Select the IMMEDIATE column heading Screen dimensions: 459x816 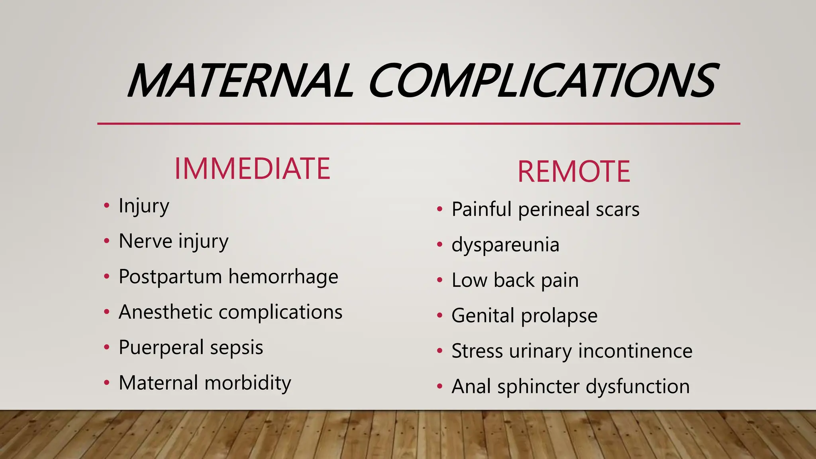click(252, 169)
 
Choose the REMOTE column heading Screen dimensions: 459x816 click(574, 172)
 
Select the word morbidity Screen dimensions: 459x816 click(247, 383)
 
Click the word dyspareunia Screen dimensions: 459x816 click(505, 245)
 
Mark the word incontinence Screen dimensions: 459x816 click(635, 351)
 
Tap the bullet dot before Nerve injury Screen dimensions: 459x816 click(106, 241)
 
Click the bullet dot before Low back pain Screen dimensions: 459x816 click(439, 280)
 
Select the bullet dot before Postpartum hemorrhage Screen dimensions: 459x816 click(106, 276)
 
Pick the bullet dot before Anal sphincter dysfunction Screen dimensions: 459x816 click(439, 386)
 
